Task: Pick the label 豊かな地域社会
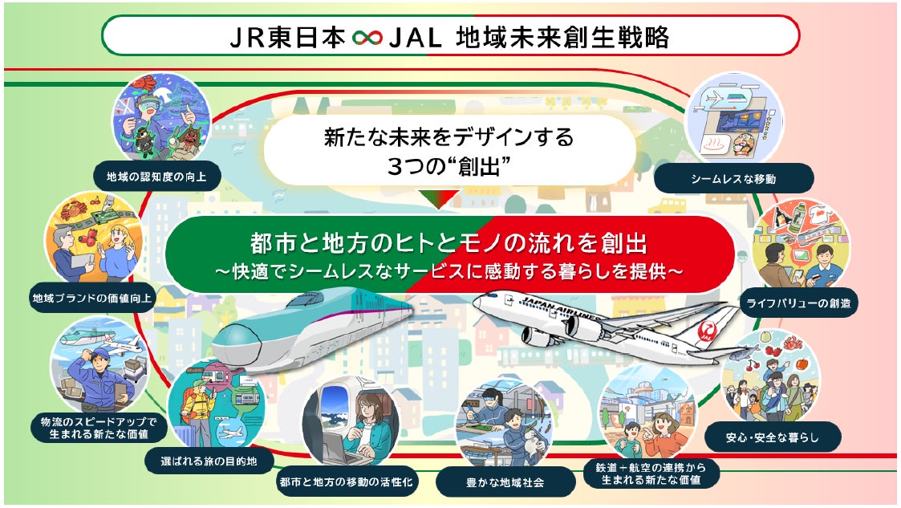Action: [x=505, y=483]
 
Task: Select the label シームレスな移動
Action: [x=733, y=178]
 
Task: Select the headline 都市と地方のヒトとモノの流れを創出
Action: [x=448, y=241]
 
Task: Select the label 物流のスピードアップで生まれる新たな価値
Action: [x=99, y=427]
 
